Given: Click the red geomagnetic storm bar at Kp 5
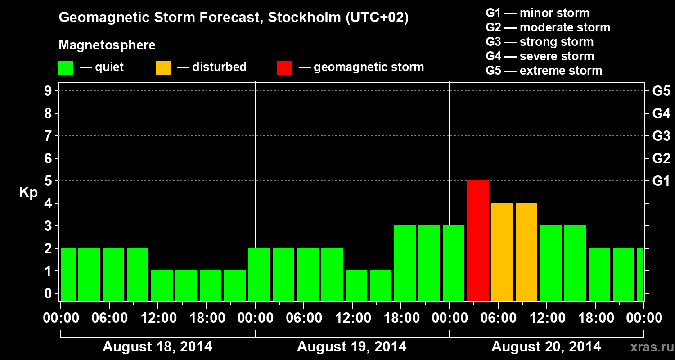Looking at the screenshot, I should [478, 240].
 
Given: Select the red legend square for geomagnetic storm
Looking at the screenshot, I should [284, 67].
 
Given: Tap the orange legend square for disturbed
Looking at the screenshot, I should [163, 67].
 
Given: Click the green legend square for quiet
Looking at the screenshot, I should [66, 67].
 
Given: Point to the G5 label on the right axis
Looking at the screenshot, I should [661, 91].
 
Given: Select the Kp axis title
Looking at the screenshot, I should [28, 193].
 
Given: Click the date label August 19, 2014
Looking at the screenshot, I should [351, 347].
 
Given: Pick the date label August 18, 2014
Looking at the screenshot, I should [157, 347].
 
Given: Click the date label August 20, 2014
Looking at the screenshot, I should [546, 347].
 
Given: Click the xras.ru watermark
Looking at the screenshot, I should [652, 347].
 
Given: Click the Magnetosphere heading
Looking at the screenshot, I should [107, 45].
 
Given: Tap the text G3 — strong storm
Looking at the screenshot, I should [540, 42].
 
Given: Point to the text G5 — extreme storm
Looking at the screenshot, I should [544, 71].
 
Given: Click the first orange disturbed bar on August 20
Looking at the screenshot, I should [502, 252].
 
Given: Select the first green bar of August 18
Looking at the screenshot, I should [68, 274].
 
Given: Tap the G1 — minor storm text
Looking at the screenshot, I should [537, 13].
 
